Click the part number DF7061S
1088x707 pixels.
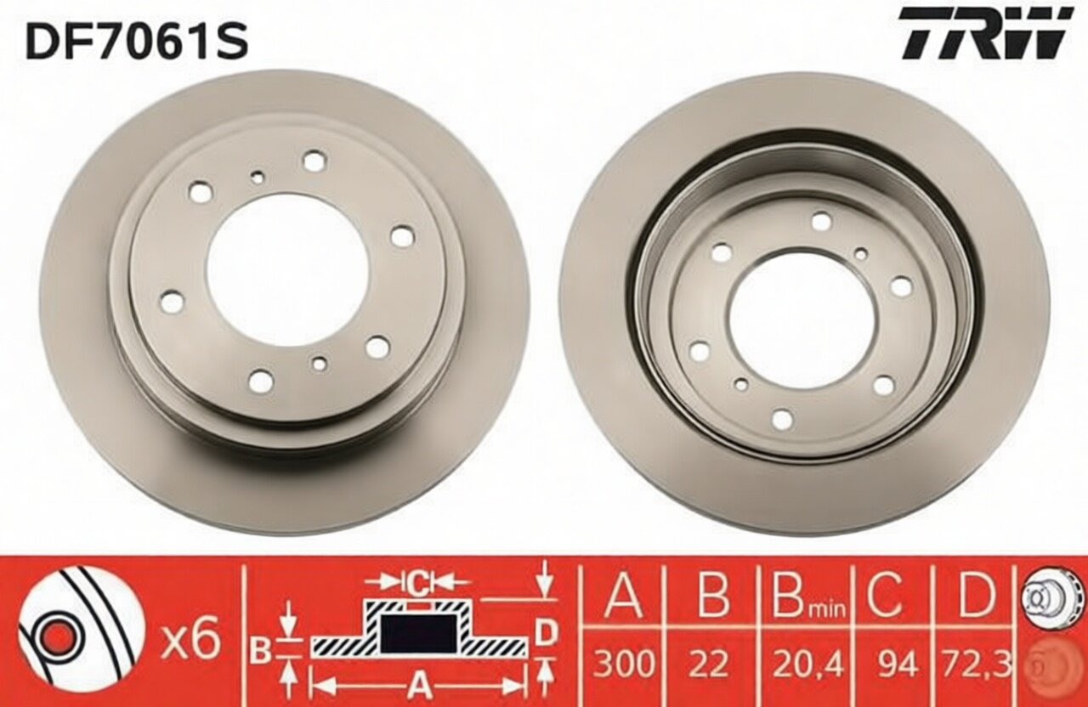click(138, 40)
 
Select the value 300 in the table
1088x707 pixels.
click(624, 664)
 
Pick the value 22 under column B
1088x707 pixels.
click(713, 664)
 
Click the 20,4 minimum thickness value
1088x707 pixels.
click(807, 664)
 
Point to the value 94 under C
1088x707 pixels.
click(897, 664)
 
